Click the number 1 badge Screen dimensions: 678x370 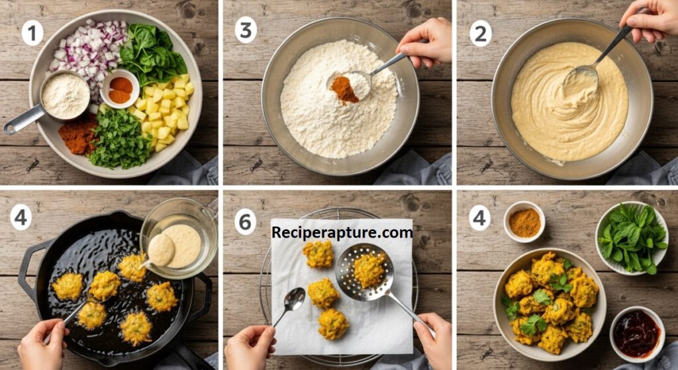[32, 33]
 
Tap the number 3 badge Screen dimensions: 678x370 [246, 30]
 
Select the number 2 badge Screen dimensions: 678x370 [481, 34]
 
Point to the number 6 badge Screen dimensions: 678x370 [245, 222]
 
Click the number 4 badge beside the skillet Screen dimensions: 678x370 [21, 217]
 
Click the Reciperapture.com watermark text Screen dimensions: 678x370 [342, 232]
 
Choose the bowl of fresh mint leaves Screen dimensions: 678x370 [632, 238]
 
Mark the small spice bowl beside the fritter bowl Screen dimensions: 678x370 [524, 222]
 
